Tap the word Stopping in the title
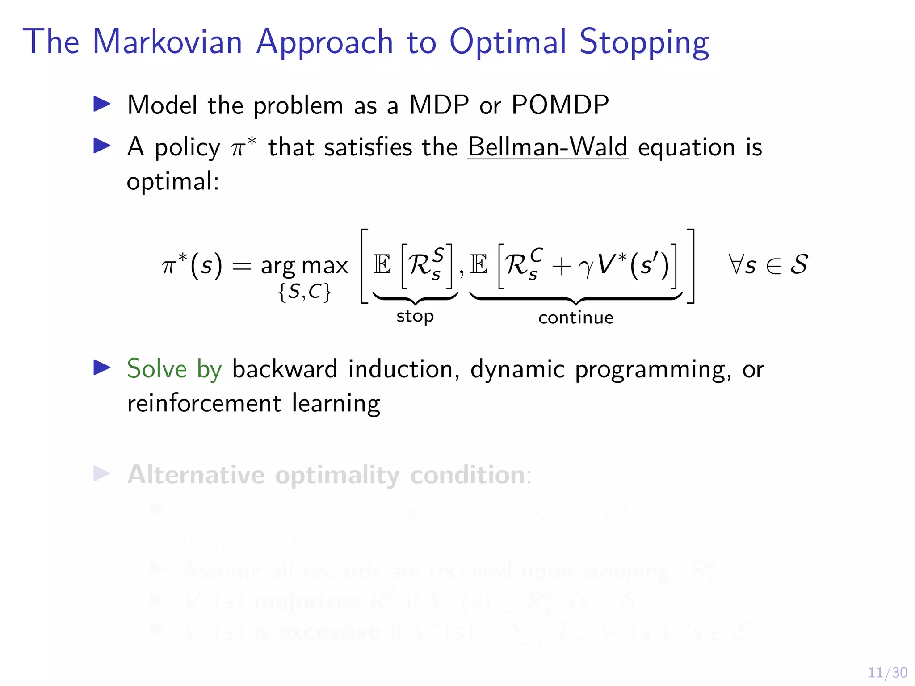point(644,42)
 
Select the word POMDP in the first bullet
point(560,105)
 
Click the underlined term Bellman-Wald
point(548,147)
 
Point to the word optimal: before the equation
point(173,182)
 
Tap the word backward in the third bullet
point(285,369)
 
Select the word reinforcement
point(204,403)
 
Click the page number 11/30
point(887,672)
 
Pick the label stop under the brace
point(415,316)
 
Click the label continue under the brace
point(575,318)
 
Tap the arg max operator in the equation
point(304,266)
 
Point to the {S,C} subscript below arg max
point(305,292)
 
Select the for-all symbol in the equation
point(735,264)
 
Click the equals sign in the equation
point(242,266)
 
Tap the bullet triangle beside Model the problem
point(102,104)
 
